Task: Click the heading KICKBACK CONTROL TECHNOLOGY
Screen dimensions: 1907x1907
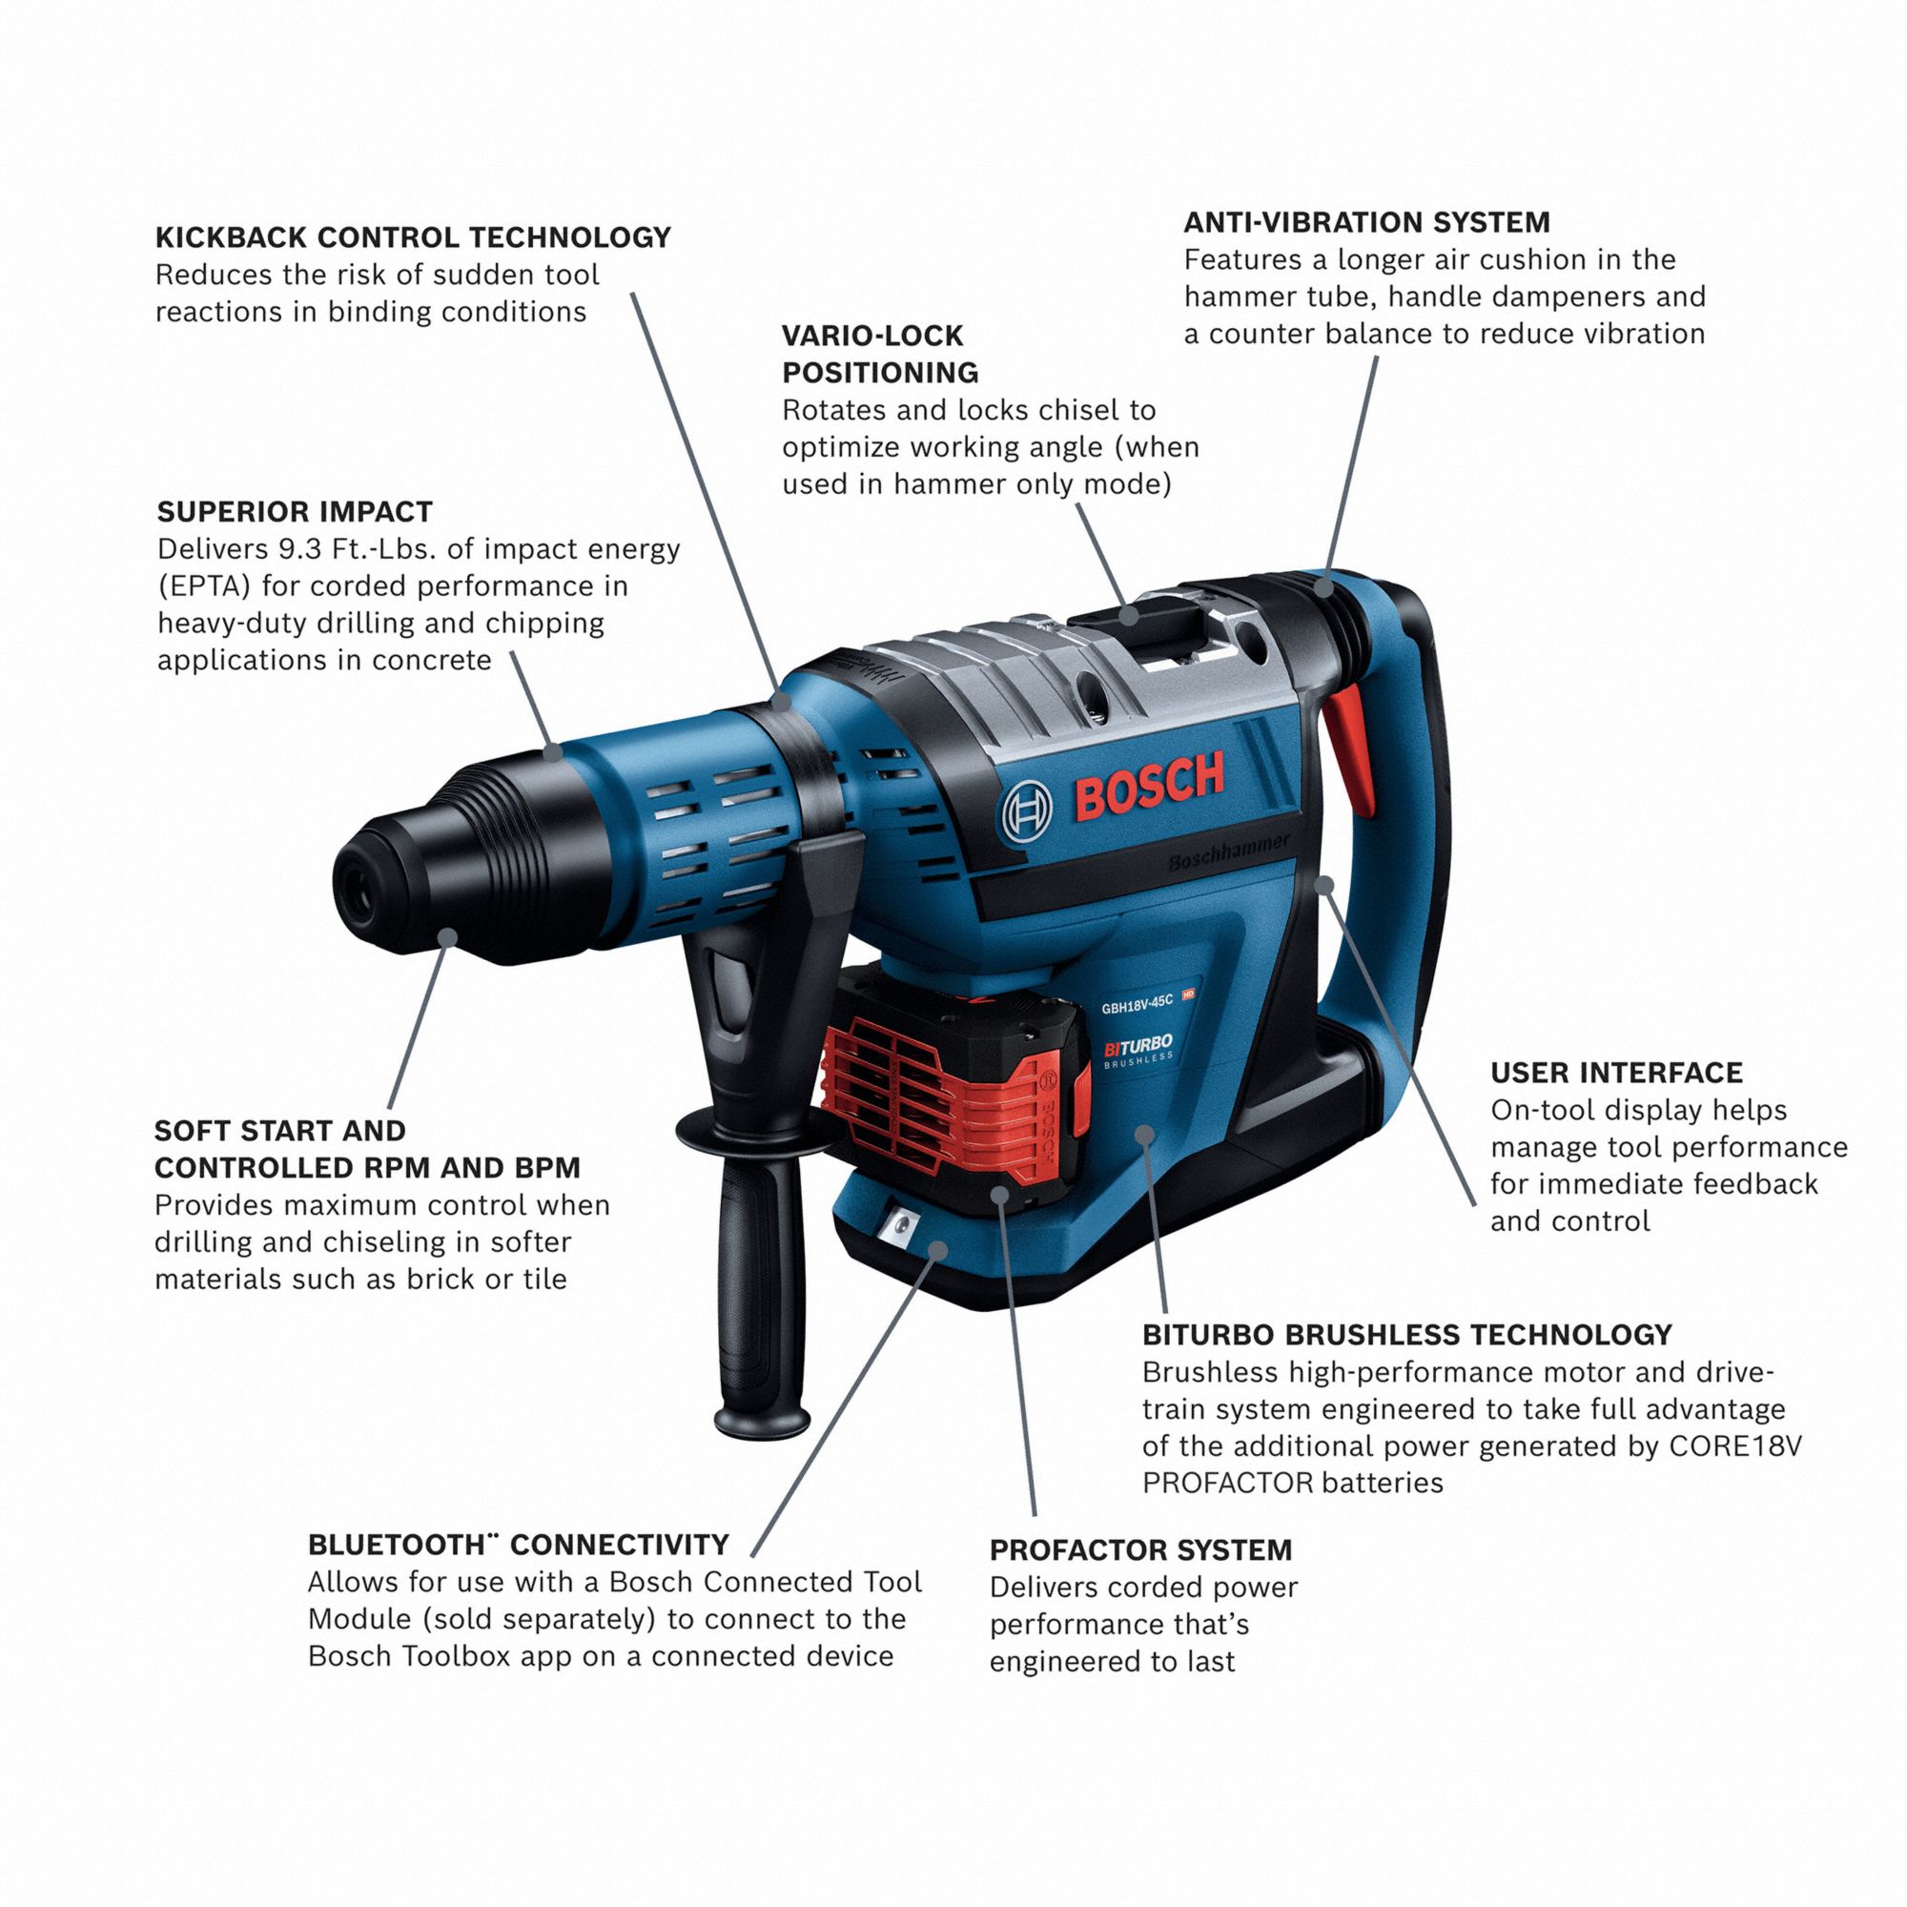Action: [x=413, y=237]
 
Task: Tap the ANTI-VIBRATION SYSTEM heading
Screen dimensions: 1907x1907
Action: [x=1366, y=222]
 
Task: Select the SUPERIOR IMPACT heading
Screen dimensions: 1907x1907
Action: [x=294, y=511]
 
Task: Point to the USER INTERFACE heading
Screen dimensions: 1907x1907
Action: [x=1616, y=1073]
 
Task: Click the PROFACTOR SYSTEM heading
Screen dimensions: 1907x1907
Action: [x=1140, y=1549]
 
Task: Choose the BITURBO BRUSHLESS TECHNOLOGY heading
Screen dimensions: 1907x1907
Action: [x=1406, y=1335]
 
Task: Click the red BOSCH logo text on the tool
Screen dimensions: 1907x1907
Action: [x=1150, y=785]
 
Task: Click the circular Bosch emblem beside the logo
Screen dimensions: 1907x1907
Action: [x=1027, y=815]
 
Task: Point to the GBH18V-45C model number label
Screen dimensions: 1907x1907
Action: [x=1138, y=1003]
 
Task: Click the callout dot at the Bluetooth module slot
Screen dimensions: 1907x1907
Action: [x=938, y=1250]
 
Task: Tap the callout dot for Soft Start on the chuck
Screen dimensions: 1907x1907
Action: [x=448, y=935]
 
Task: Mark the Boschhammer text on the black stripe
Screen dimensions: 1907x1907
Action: [x=1228, y=853]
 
